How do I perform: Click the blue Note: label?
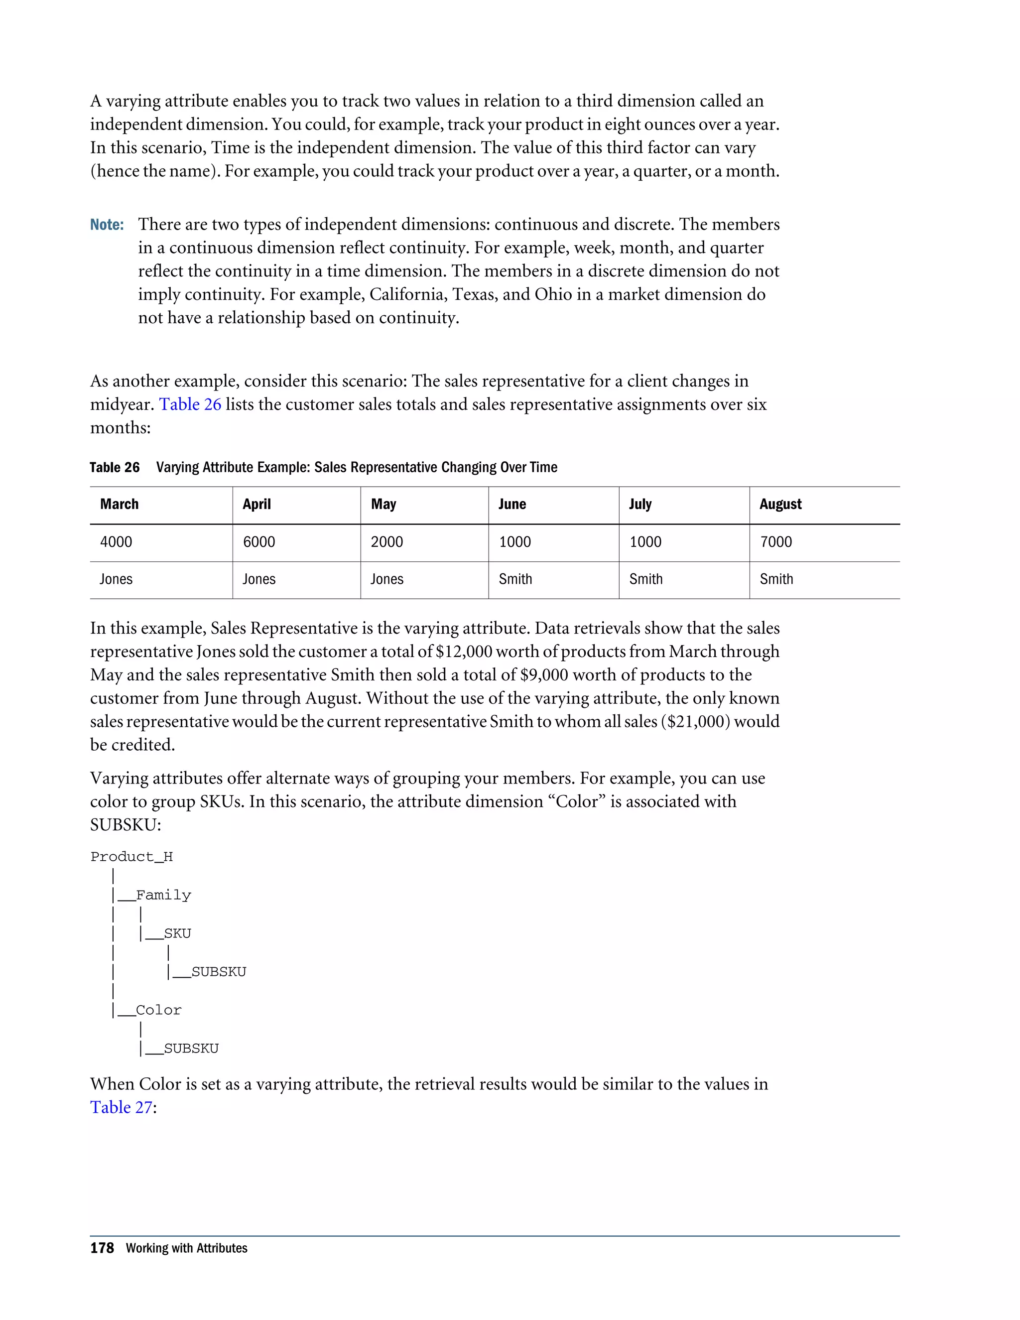(x=107, y=225)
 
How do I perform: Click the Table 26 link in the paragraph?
(x=190, y=404)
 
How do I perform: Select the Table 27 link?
(x=121, y=1107)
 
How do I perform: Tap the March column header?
(x=119, y=504)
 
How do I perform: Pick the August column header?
(x=780, y=504)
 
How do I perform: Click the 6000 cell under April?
(x=258, y=541)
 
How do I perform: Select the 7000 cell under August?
(x=776, y=541)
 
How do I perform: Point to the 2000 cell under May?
(x=386, y=541)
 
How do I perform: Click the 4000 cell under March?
(x=116, y=541)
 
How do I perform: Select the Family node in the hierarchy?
(x=163, y=895)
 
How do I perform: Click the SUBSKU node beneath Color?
(x=191, y=1048)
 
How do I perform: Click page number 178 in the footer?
(x=102, y=1248)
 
